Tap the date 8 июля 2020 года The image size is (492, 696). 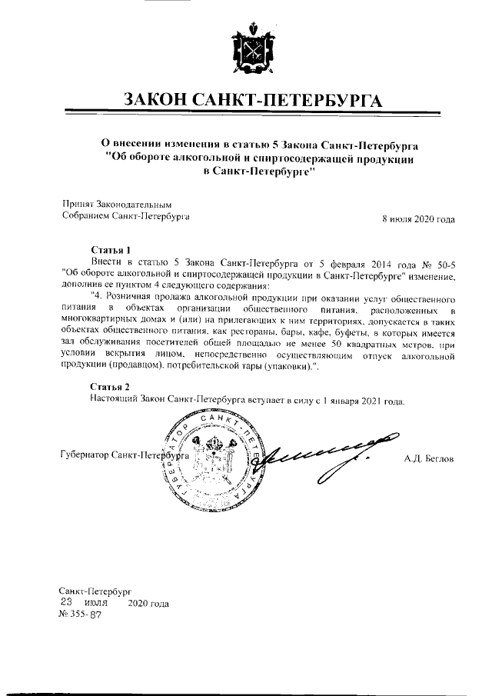pyautogui.click(x=418, y=219)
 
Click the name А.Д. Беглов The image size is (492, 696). pyautogui.click(x=429, y=458)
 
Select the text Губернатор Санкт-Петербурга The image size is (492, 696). pyautogui.click(x=123, y=455)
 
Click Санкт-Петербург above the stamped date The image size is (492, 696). pyautogui.click(x=90, y=591)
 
